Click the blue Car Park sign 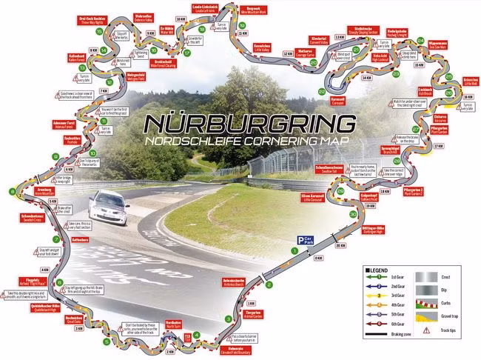click(303, 240)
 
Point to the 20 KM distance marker click(340, 245)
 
